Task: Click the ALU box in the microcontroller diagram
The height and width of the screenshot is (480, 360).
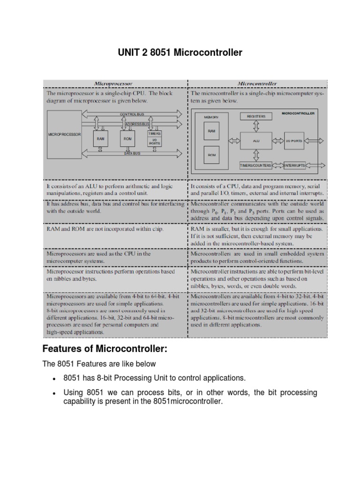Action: coord(256,140)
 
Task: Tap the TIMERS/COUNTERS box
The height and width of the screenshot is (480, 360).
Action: coord(255,165)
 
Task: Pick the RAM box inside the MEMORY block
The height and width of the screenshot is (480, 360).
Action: coord(211,132)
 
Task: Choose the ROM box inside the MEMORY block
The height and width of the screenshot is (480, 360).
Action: coord(211,154)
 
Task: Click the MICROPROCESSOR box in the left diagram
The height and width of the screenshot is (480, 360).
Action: coord(64,134)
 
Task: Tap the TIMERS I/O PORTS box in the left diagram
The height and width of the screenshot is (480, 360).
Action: coord(154,138)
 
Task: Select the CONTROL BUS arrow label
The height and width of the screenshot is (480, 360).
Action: coord(132,114)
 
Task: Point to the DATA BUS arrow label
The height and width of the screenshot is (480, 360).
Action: coord(132,153)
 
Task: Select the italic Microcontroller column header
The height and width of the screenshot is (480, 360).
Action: coord(257,84)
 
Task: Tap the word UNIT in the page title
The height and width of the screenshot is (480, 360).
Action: coord(129,53)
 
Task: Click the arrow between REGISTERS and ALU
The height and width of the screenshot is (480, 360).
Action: coord(256,125)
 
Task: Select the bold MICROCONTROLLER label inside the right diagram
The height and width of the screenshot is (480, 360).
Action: coord(298,113)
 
